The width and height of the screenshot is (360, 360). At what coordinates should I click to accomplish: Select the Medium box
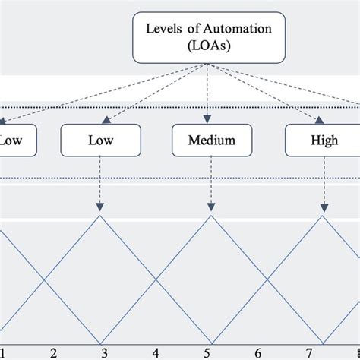(x=210, y=141)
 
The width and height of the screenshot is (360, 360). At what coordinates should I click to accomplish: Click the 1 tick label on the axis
(x=2, y=352)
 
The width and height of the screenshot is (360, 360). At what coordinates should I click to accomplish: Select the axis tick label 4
(x=155, y=352)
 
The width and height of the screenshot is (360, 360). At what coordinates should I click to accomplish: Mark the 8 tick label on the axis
(x=355, y=352)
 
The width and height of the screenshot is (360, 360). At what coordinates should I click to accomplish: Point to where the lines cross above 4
(x=155, y=279)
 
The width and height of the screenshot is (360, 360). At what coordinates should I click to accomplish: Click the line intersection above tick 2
(x=46, y=279)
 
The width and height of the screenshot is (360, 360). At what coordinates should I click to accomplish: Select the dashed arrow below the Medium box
(x=210, y=186)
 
